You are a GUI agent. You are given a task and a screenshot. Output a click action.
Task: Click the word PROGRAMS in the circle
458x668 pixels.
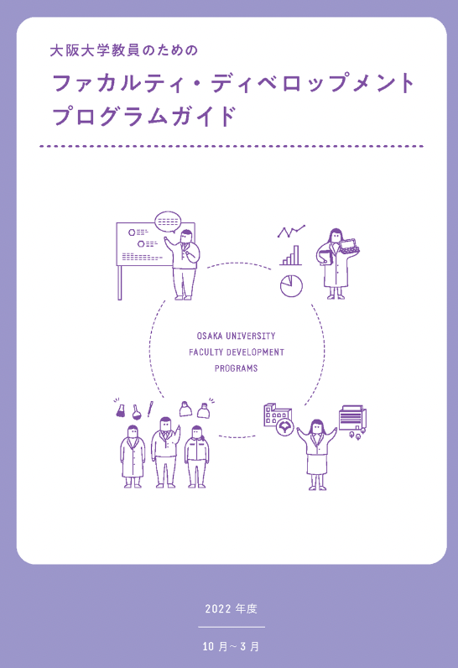[x=236, y=368]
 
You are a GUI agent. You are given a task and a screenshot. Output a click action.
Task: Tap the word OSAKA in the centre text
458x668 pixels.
[x=210, y=337]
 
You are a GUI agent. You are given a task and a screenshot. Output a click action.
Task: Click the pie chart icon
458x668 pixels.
[x=291, y=285]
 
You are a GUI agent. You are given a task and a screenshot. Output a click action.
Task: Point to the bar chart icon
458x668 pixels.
[x=290, y=255]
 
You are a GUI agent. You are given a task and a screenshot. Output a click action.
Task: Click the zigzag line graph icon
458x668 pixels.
[x=291, y=232]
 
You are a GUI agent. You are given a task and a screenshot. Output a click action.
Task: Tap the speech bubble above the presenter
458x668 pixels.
[x=168, y=222]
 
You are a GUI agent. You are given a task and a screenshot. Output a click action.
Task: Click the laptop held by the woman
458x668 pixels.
[x=350, y=246]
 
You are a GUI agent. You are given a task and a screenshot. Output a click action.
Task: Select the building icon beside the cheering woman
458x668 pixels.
[x=277, y=415]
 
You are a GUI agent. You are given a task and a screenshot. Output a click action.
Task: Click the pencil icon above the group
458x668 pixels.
[x=150, y=409]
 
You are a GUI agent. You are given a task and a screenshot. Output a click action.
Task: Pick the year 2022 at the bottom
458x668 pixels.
[x=217, y=608]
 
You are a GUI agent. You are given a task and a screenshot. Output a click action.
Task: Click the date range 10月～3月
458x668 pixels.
[x=231, y=646]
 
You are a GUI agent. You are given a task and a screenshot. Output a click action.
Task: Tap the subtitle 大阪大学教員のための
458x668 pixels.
[x=124, y=50]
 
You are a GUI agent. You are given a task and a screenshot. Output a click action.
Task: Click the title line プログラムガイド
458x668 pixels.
[x=144, y=117]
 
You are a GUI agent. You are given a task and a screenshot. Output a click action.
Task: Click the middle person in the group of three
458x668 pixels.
[x=165, y=452]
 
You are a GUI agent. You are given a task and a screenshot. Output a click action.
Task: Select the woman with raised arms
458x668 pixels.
[x=317, y=455]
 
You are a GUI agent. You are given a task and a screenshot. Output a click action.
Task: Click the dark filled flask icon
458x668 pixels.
[x=121, y=410]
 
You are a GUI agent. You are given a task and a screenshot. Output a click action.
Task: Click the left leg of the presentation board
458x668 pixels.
[x=120, y=283]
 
